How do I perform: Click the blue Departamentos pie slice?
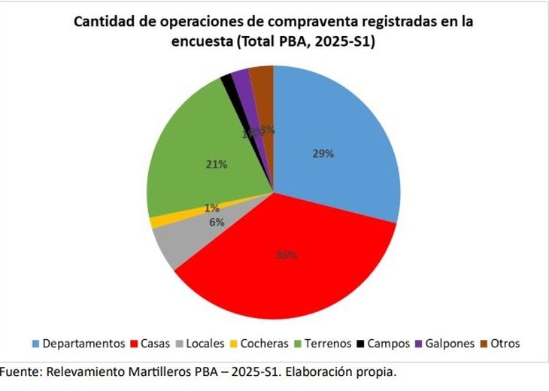[338, 143]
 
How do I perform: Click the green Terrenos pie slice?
[196, 150]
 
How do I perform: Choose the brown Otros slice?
[262, 79]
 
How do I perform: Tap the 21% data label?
[217, 163]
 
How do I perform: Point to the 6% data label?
[217, 222]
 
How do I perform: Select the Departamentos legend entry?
[77, 344]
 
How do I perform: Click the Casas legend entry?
[151, 344]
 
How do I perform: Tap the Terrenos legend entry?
[323, 344]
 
